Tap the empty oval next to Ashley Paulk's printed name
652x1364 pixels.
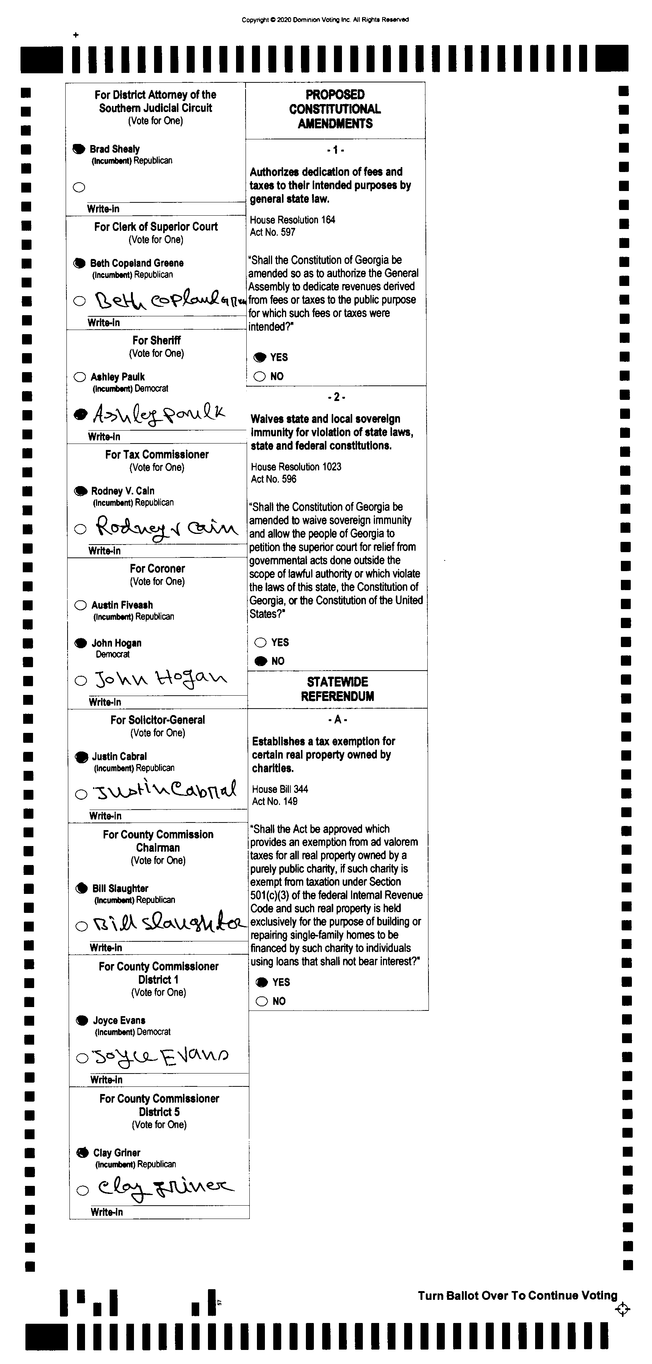[80, 377]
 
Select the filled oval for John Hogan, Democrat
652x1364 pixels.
[80, 643]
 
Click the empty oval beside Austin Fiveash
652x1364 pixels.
[80, 605]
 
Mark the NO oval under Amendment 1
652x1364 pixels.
[260, 376]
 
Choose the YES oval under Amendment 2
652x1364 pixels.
[260, 642]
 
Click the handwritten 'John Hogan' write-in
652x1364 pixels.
[161, 679]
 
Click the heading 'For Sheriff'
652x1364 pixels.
[157, 341]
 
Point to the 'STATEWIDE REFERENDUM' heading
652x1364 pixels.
[337, 689]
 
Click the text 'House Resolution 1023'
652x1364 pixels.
[296, 466]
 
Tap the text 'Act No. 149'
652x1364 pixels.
[275, 801]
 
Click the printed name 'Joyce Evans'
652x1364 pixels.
[119, 1020]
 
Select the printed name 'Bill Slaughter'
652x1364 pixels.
[120, 889]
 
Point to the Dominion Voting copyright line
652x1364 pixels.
[325, 20]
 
